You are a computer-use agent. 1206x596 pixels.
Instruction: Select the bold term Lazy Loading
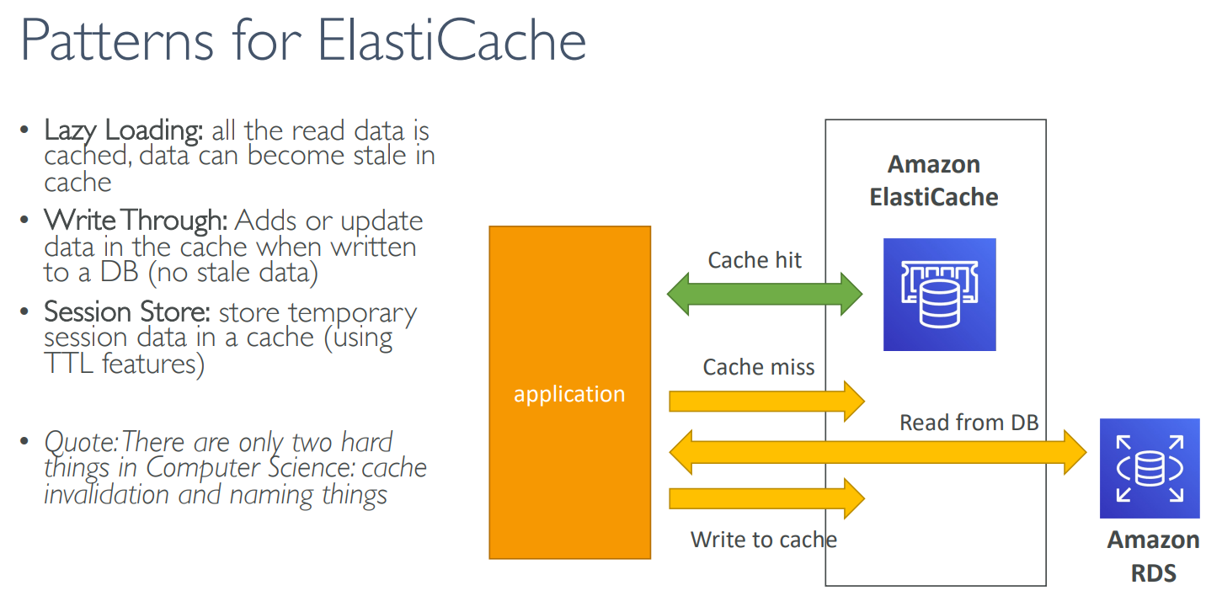tap(123, 130)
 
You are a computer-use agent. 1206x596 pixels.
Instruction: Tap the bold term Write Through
tap(136, 221)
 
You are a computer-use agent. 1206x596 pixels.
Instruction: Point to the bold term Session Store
tap(126, 312)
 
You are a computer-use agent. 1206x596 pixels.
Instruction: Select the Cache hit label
tap(755, 260)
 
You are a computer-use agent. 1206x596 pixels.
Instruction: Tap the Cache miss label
tap(759, 367)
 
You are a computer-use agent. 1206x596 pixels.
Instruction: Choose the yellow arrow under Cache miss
tap(766, 400)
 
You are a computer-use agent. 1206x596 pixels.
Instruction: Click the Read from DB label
tap(969, 423)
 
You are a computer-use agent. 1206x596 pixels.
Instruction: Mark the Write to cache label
tap(764, 540)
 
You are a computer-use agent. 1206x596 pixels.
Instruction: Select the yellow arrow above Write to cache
tap(766, 498)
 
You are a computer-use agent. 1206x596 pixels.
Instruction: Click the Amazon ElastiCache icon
tap(939, 295)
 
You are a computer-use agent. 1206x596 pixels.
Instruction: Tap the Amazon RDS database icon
tap(1150, 468)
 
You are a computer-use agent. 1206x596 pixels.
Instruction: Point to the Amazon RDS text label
tap(1153, 556)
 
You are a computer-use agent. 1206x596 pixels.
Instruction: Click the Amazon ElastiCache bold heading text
tap(934, 180)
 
